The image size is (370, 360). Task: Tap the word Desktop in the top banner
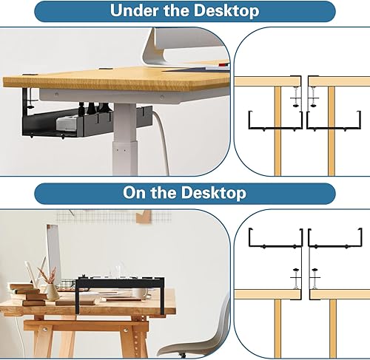(x=226, y=10)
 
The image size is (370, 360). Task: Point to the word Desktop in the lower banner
(x=214, y=192)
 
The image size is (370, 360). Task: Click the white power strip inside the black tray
(x=68, y=123)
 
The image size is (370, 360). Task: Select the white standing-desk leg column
(x=124, y=139)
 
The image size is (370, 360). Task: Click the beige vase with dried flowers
(x=51, y=292)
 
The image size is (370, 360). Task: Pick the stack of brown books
(x=31, y=294)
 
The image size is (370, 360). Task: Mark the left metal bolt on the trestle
(x=44, y=329)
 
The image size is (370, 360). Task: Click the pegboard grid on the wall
(x=113, y=217)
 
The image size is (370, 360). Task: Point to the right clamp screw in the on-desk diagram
(x=314, y=279)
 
